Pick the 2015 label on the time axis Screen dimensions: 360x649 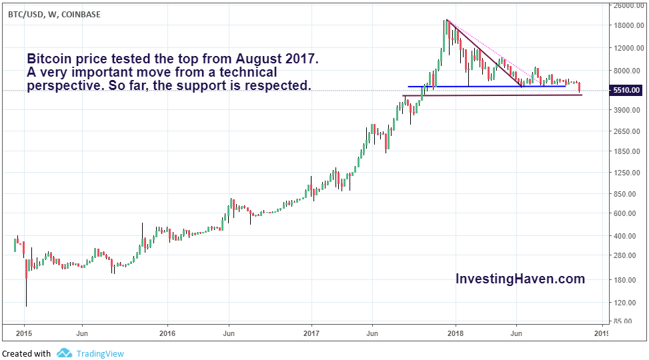click(x=23, y=333)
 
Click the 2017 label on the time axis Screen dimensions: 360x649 click(x=311, y=333)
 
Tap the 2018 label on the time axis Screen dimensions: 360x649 click(x=456, y=333)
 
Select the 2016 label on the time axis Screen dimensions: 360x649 click(x=167, y=333)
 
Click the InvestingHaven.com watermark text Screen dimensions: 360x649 click(x=520, y=279)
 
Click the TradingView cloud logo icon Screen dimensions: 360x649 click(x=64, y=353)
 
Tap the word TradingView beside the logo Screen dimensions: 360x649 click(x=100, y=354)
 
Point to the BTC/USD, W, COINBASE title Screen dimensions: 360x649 click(x=55, y=14)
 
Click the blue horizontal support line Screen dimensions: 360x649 click(x=487, y=86)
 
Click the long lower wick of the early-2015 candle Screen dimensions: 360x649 click(x=27, y=293)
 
